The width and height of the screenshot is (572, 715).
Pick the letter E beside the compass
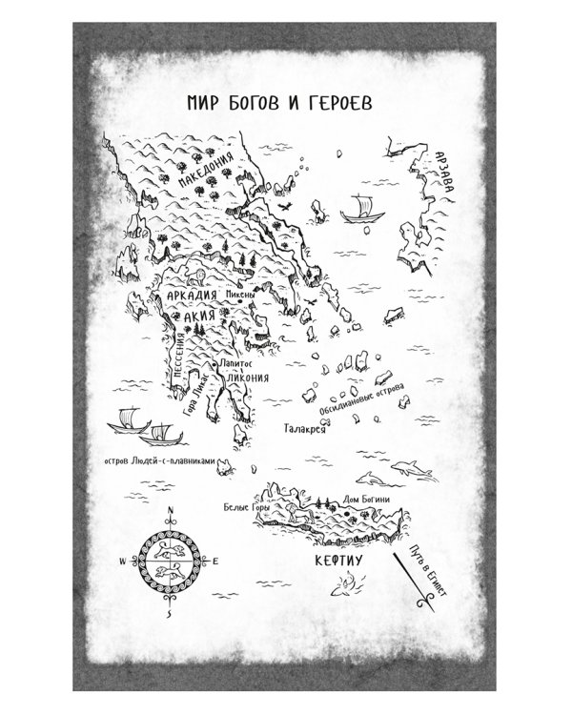point(215,562)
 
